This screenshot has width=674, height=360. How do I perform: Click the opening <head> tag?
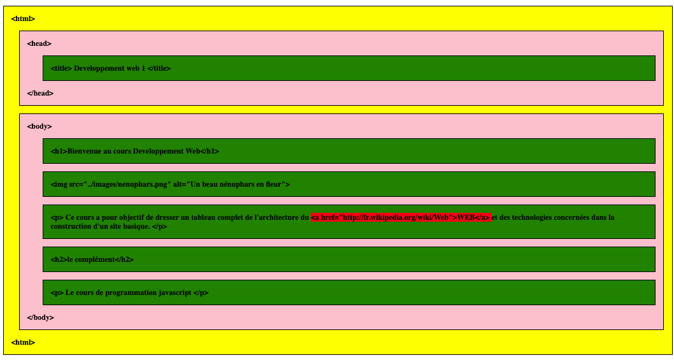point(39,43)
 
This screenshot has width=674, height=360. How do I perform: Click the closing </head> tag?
point(40,93)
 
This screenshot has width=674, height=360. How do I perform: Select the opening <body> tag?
point(39,126)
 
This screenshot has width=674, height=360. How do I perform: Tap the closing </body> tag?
point(40,317)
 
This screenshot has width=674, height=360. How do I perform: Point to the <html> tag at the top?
point(23,18)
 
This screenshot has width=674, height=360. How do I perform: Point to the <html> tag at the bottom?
point(23,342)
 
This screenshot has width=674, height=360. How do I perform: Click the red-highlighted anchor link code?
point(401,218)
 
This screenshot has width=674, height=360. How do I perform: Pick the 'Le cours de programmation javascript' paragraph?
point(129,293)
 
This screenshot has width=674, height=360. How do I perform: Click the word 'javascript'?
point(175,293)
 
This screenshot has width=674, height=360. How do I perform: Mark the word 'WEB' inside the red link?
point(466,218)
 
